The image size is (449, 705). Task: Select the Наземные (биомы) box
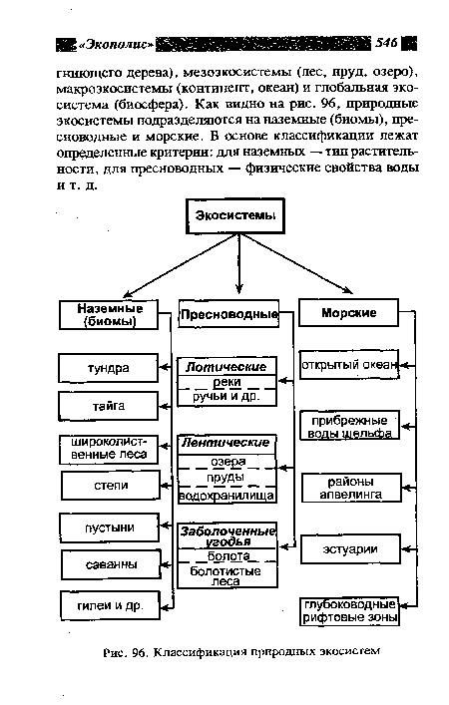109,315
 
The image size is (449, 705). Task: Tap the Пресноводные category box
228,316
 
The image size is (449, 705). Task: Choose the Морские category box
348,313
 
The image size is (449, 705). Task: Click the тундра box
108,368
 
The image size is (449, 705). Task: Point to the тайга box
108,407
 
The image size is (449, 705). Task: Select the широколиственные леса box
108,447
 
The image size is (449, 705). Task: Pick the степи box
108,486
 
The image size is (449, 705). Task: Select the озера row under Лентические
226,462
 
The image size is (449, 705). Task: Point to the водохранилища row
226,496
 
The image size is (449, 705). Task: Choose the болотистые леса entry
226,576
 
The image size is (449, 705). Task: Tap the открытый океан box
350,364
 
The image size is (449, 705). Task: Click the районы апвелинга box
349,487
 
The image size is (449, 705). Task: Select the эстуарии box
349,546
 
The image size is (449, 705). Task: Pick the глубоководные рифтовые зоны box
350,610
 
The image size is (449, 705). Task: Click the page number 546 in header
388,43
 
